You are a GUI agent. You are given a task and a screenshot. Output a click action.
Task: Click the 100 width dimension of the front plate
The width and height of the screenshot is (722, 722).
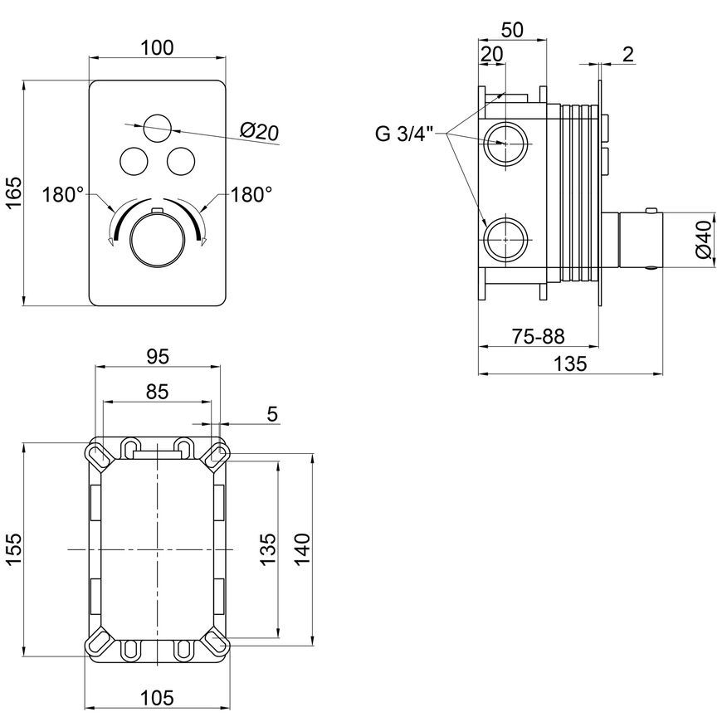coord(158,48)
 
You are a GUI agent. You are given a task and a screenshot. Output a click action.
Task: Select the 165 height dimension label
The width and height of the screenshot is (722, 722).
coord(14,192)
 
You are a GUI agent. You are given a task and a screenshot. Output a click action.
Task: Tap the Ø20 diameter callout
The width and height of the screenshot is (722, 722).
coord(259,133)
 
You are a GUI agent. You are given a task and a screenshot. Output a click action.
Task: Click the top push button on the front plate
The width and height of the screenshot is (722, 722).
coord(158,128)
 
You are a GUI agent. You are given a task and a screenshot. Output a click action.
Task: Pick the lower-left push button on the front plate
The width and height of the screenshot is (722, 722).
coord(134,161)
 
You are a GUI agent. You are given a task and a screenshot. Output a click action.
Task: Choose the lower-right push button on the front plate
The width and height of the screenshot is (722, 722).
coord(181,161)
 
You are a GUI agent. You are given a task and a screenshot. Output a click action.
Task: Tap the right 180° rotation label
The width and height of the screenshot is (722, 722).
coord(251,195)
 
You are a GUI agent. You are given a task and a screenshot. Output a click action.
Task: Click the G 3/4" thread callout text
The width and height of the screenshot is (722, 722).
coord(405,134)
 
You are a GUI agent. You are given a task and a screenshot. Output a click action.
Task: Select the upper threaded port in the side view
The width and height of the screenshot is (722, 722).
coord(505,144)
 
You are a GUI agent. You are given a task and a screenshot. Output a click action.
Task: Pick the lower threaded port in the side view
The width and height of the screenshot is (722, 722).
coord(505,240)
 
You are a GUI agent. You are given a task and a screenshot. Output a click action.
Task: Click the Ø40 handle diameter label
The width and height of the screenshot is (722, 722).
coord(705,240)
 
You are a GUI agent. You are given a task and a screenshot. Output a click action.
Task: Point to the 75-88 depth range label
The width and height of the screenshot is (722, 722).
coord(539,337)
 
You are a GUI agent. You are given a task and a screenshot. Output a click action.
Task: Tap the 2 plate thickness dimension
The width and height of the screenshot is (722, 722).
coord(628,54)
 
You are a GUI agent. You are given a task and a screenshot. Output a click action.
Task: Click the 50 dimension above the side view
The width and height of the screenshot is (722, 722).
coord(513,30)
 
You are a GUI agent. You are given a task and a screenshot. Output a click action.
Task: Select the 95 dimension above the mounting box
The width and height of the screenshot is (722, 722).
coord(158,356)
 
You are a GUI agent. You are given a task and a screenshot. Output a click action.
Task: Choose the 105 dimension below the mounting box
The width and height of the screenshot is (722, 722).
coord(157,698)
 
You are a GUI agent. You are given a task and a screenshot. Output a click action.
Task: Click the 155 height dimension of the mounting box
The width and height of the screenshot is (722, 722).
coord(14,549)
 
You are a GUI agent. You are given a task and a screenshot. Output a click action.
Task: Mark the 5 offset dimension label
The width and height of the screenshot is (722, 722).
coord(272,414)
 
